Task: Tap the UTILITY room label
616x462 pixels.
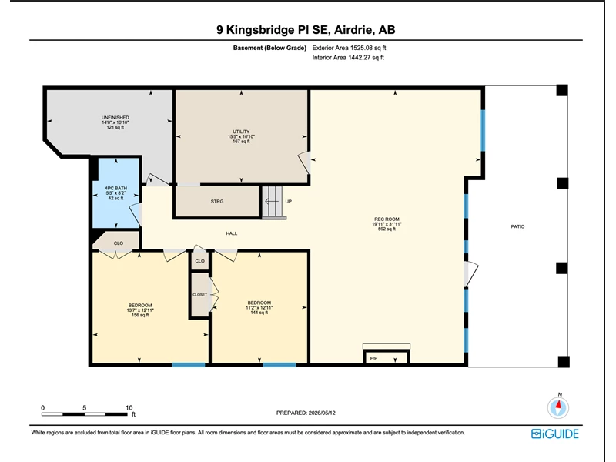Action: click(x=241, y=132)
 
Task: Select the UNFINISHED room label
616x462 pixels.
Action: click(x=115, y=118)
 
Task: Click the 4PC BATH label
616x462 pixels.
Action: click(x=116, y=188)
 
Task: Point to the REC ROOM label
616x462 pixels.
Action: click(x=387, y=219)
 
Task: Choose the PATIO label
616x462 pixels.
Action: click(x=517, y=226)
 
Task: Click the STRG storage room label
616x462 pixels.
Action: click(x=217, y=202)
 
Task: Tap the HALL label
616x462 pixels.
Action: click(x=232, y=233)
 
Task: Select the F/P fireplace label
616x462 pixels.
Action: click(x=373, y=358)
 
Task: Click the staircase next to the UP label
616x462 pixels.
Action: click(x=273, y=202)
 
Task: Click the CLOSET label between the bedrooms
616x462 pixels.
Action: click(x=199, y=295)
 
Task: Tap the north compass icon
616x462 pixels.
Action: click(x=557, y=407)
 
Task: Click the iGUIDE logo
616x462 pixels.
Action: click(x=554, y=434)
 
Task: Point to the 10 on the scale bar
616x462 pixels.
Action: click(x=129, y=408)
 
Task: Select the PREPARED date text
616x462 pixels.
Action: click(x=306, y=413)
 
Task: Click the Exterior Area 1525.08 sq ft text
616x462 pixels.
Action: click(x=349, y=48)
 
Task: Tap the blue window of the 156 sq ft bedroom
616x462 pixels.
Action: click(x=189, y=365)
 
